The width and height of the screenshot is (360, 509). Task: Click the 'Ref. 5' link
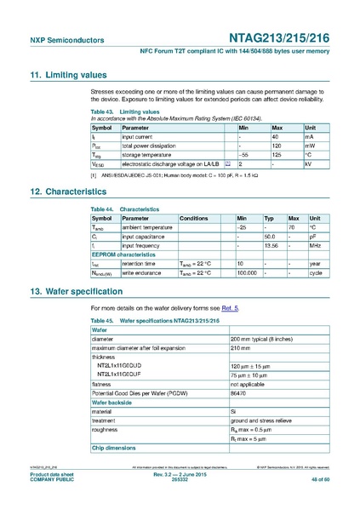click(x=231, y=306)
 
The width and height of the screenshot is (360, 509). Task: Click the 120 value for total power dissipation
click(x=277, y=146)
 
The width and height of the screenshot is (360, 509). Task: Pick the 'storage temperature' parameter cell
click(x=152, y=155)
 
